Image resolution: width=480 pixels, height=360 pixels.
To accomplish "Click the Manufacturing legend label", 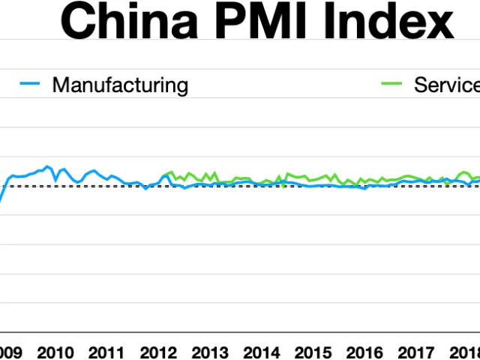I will [x=120, y=85].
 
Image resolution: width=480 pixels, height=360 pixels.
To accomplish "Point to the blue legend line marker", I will [x=29, y=85].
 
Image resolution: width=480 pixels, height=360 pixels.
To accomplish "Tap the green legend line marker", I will [x=392, y=85].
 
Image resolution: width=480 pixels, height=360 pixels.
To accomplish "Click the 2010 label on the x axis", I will [x=55, y=352].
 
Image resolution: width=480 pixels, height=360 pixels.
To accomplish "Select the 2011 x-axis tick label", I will [x=106, y=352].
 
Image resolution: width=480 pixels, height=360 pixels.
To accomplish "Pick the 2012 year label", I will [x=158, y=352].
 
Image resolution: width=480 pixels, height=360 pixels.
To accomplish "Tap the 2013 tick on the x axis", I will [x=210, y=352].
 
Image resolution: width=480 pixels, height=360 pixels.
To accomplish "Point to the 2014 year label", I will [x=262, y=352].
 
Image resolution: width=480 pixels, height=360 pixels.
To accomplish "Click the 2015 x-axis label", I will [x=313, y=352].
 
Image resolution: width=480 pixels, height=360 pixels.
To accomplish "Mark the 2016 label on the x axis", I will [x=365, y=352].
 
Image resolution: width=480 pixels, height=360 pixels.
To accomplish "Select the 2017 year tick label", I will [x=417, y=352].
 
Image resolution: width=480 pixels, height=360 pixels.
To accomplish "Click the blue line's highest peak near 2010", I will [x=48, y=166].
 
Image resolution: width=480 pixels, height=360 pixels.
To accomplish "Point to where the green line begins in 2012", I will [x=163, y=176].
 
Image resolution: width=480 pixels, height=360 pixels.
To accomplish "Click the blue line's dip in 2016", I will [x=365, y=189].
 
